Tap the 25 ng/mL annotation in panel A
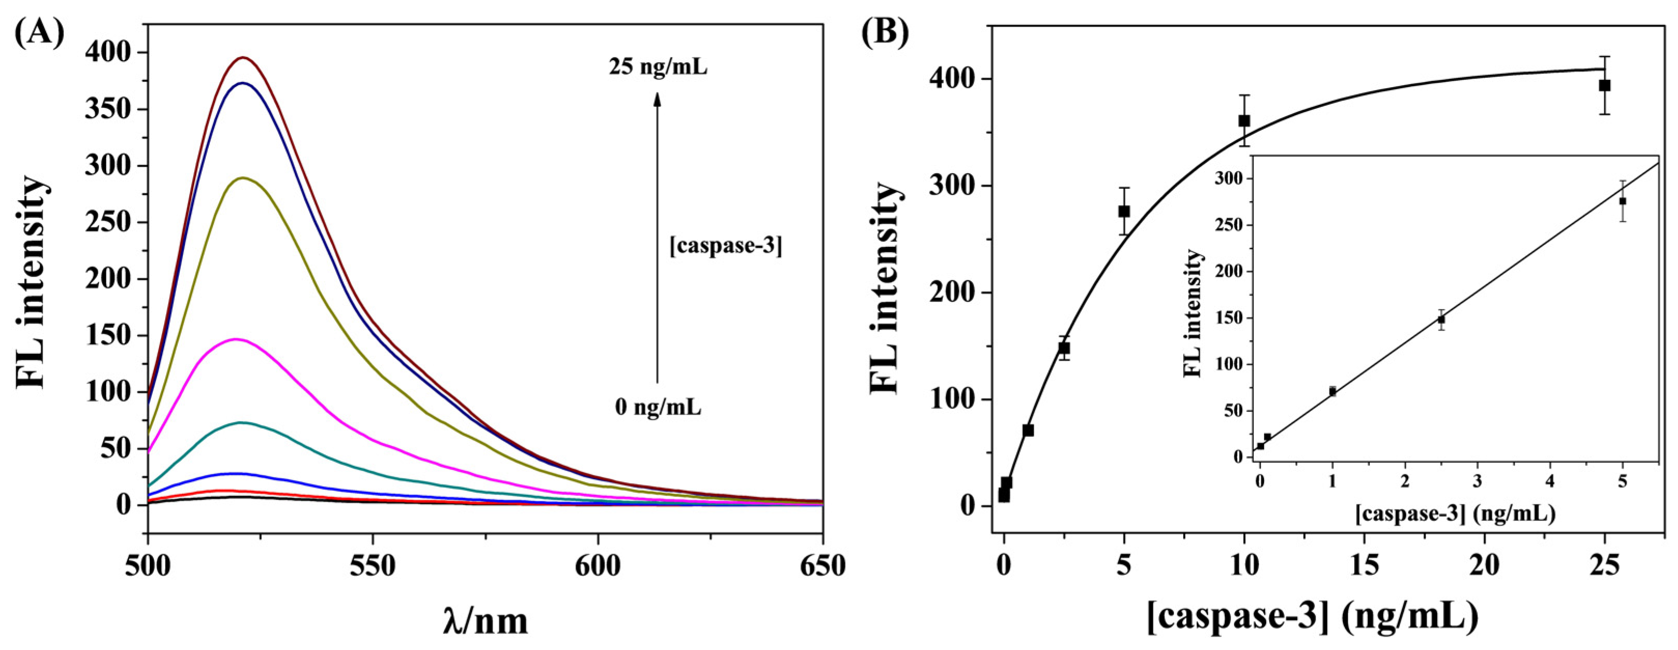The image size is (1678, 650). [x=657, y=67]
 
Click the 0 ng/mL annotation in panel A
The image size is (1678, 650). [x=657, y=409]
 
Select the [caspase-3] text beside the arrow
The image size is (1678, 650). [x=725, y=246]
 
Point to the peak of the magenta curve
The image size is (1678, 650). [x=236, y=339]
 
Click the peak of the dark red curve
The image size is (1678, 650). [x=243, y=58]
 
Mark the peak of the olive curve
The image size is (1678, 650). [x=243, y=177]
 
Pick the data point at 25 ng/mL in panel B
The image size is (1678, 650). [x=1604, y=86]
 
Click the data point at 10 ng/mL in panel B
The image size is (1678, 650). [x=1244, y=121]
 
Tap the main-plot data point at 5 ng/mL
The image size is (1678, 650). [x=1124, y=211]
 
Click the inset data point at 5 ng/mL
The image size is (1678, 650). [x=1623, y=201]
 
